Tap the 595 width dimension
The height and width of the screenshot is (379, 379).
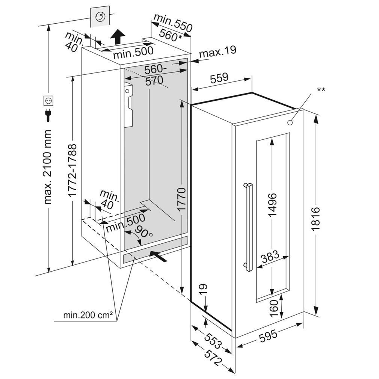click(268, 335)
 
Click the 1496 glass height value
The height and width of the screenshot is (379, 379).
click(272, 204)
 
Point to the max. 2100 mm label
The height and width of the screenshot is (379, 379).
click(48, 167)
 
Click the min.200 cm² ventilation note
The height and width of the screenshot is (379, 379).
click(88, 316)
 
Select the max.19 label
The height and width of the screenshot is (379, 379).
click(217, 52)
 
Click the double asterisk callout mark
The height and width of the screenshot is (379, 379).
click(321, 89)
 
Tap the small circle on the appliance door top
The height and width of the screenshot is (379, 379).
click(290, 122)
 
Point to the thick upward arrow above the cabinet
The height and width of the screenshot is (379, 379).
click(118, 37)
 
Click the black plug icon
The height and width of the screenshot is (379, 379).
click(48, 115)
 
